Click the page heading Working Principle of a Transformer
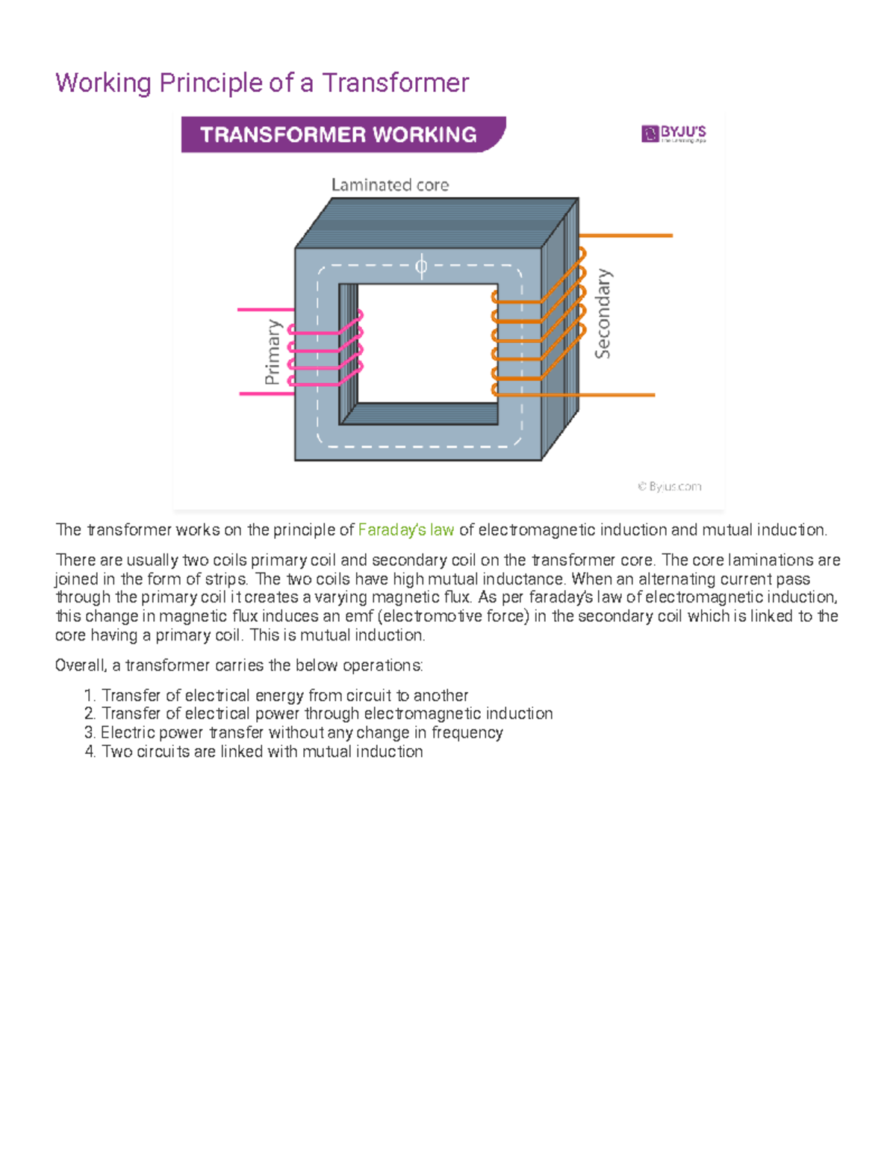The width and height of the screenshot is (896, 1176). (262, 83)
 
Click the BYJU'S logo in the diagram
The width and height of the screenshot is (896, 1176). (673, 134)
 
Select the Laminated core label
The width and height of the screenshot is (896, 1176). (390, 184)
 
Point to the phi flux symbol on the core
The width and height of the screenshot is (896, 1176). (421, 265)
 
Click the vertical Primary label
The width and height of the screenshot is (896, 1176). (273, 352)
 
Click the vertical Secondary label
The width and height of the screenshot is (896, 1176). (603, 314)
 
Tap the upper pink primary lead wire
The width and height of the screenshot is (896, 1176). (261, 309)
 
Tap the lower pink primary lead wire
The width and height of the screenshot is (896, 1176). (263, 393)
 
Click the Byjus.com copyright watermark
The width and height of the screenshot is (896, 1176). (670, 487)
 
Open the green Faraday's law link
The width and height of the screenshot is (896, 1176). (406, 530)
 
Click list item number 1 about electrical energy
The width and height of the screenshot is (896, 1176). (284, 695)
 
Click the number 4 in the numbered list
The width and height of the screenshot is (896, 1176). (90, 752)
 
